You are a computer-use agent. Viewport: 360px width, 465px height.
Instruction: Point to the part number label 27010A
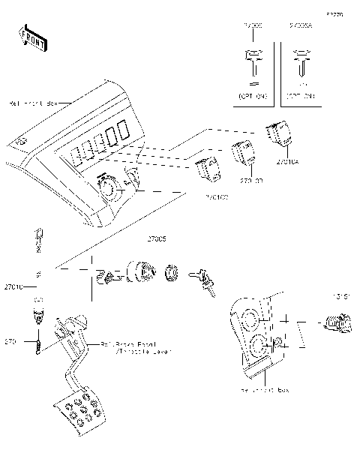(288, 160)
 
